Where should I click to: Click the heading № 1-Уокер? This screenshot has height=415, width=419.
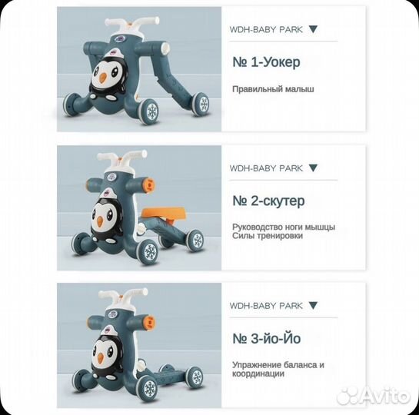(x=267, y=62)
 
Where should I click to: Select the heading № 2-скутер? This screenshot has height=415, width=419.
(x=268, y=201)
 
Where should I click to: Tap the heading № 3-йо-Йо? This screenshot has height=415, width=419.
(x=267, y=338)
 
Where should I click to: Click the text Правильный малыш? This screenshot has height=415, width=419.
(x=273, y=89)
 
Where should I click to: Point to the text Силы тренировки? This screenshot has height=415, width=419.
(x=267, y=236)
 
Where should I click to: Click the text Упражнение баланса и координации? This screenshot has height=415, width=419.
(x=278, y=369)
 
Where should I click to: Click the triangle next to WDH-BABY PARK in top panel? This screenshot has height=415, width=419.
(x=312, y=29)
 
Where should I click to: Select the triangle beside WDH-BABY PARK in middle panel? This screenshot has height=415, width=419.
(x=312, y=168)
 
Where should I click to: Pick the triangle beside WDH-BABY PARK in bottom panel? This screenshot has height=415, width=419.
(x=312, y=305)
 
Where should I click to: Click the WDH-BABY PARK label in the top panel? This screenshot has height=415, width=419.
(x=266, y=29)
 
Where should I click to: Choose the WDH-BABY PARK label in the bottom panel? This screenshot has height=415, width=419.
(x=266, y=305)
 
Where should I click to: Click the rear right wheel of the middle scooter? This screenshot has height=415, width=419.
(x=195, y=240)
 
